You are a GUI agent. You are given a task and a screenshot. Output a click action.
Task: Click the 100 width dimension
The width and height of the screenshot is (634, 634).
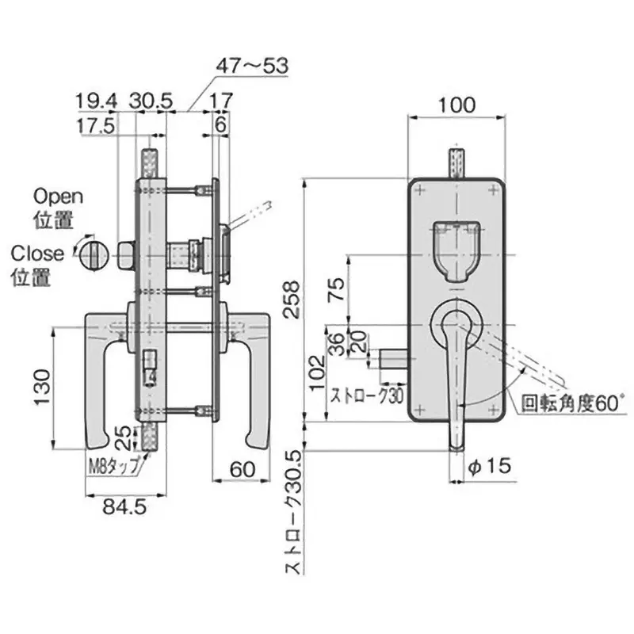click(x=456, y=104)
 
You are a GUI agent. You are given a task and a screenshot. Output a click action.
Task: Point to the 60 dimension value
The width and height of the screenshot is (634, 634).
click(x=243, y=469)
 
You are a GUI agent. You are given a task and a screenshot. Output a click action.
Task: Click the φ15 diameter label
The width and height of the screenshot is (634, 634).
click(x=487, y=468)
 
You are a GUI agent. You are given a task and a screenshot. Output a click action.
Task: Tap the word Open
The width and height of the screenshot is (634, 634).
click(x=58, y=196)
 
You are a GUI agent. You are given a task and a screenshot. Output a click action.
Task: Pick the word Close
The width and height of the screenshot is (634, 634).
click(x=37, y=254)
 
